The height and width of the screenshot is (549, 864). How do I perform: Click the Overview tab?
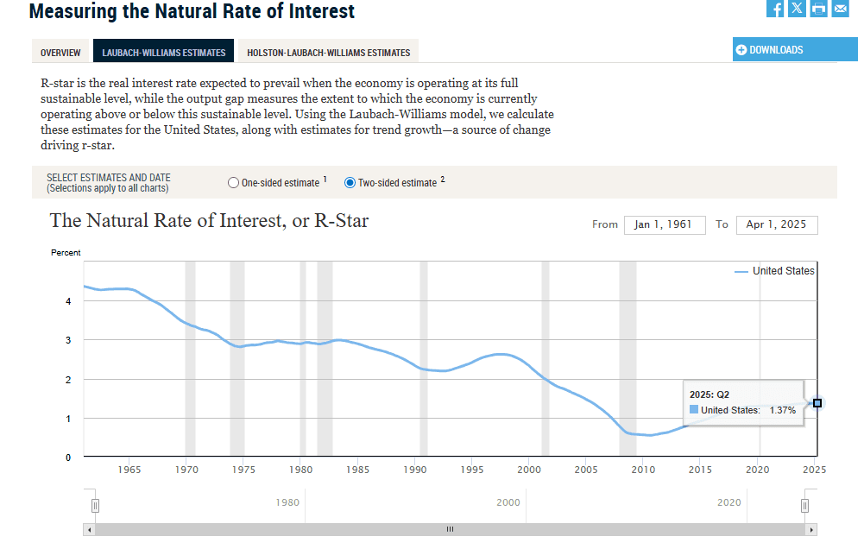click(x=60, y=53)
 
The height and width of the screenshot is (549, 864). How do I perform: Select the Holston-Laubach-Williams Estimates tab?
click(x=328, y=53)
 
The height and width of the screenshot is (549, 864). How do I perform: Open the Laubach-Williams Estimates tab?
click(x=164, y=53)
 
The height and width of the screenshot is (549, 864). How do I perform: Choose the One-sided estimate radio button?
click(x=233, y=183)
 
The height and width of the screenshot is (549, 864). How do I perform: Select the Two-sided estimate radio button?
click(x=350, y=183)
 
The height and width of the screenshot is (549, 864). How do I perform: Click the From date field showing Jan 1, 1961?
click(x=663, y=224)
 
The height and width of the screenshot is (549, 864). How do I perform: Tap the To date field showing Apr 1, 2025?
click(x=776, y=224)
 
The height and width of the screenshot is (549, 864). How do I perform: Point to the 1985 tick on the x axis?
click(x=358, y=470)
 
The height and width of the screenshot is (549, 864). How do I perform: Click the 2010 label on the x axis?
click(x=643, y=470)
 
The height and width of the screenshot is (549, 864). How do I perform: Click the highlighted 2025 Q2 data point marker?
click(x=817, y=403)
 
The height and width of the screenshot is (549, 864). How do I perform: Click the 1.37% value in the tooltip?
click(x=782, y=410)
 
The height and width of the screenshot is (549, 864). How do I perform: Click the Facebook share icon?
click(x=775, y=9)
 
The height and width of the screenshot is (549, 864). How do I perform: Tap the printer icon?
click(x=818, y=9)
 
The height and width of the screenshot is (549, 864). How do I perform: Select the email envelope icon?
click(x=840, y=9)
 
